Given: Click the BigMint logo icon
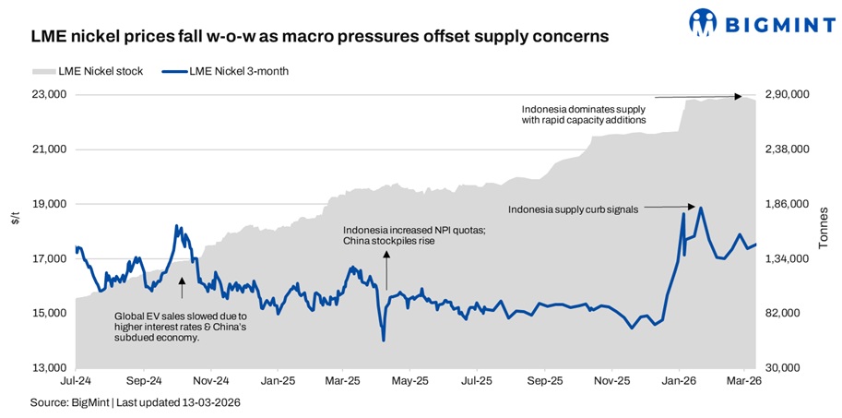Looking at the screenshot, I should coord(703,21).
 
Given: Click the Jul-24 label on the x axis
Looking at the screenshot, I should coord(76,380).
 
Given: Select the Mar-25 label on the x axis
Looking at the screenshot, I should coord(343,380).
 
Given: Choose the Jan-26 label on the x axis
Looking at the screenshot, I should coord(680,380).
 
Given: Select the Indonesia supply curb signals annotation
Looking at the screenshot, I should coord(573,209).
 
